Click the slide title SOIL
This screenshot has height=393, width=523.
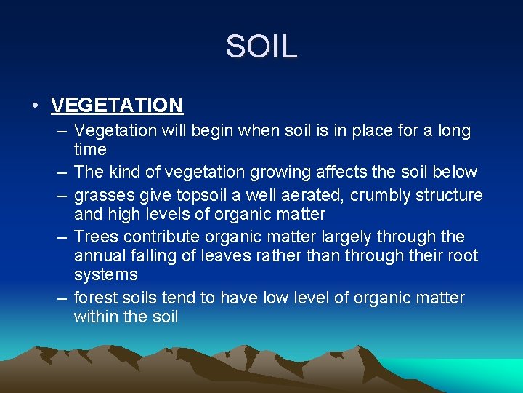(x=261, y=47)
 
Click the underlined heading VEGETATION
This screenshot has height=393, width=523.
(x=117, y=105)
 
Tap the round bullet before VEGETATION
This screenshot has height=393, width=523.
(x=35, y=105)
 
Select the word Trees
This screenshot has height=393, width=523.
(x=97, y=237)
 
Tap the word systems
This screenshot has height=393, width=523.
(x=106, y=275)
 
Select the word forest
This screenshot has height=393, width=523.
(x=97, y=298)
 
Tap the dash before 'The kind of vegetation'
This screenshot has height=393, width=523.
(x=60, y=172)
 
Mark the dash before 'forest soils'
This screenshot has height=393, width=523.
(x=60, y=298)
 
